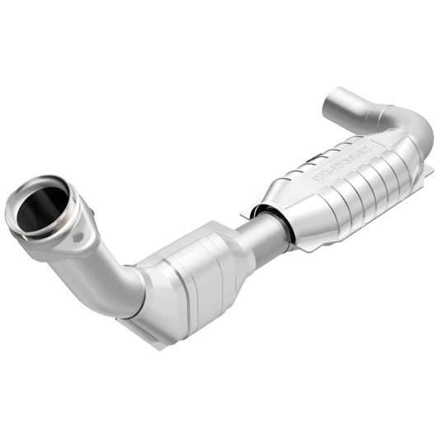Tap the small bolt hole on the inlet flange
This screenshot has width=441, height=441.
79,236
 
